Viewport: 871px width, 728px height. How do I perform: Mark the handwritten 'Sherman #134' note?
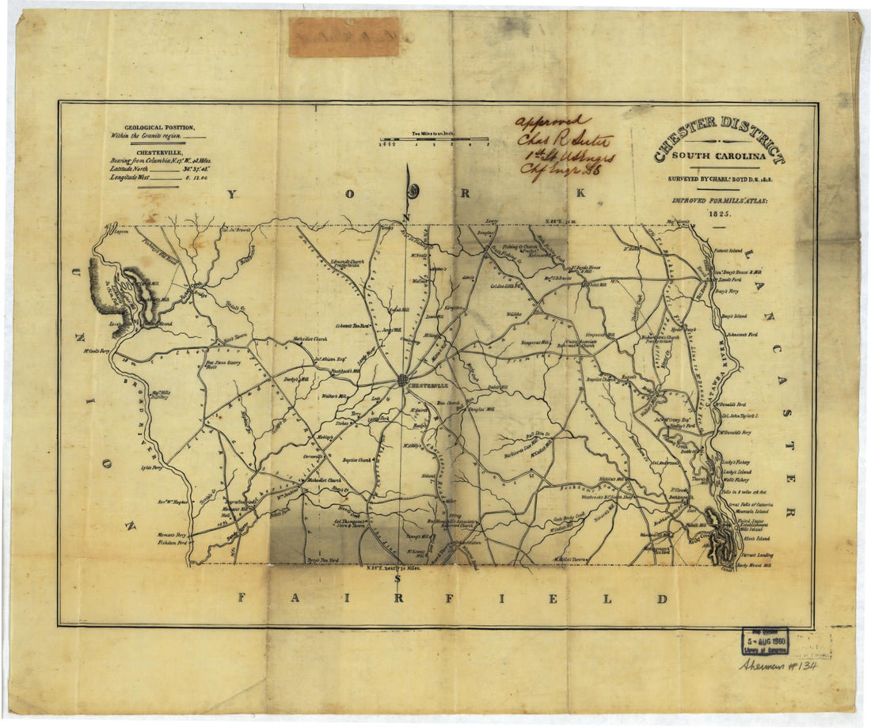(778, 665)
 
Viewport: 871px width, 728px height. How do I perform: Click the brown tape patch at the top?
(344, 36)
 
